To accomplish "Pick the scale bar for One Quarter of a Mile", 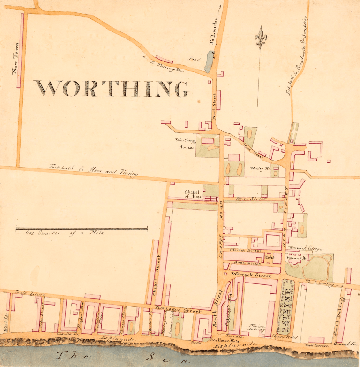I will (x=82, y=229).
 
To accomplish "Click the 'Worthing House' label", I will (x=185, y=143).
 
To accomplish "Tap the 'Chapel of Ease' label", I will (x=192, y=194).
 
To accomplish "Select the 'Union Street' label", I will (x=250, y=199).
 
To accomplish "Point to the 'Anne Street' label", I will (x=247, y=264).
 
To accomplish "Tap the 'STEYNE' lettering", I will (x=285, y=306).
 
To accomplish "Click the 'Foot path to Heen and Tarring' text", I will (x=94, y=169).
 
